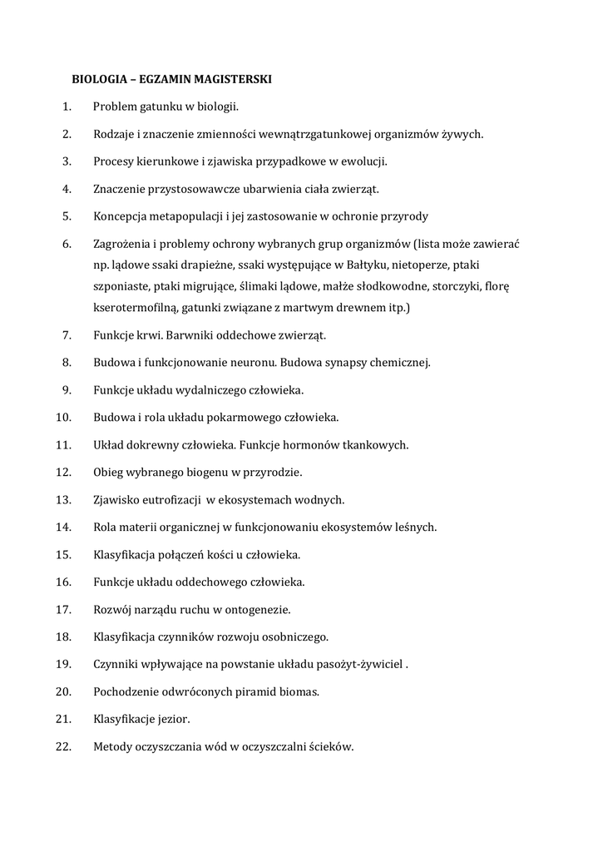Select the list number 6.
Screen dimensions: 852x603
(67, 244)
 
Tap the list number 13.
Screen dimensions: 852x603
(64, 500)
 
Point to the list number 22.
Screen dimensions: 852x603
(64, 746)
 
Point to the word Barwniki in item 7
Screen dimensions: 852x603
(188, 335)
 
